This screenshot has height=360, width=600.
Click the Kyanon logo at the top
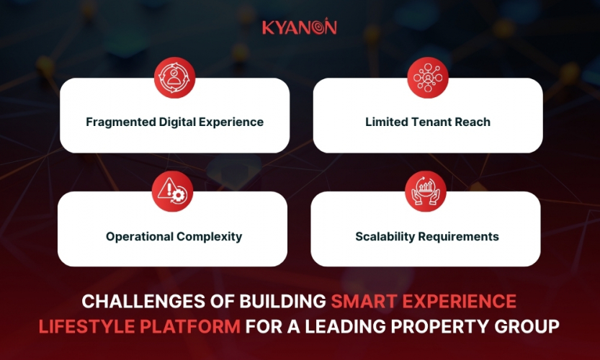tap(299, 27)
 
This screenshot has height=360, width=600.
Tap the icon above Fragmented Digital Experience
tap(174, 77)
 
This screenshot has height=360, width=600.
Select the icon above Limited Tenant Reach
tap(428, 77)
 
